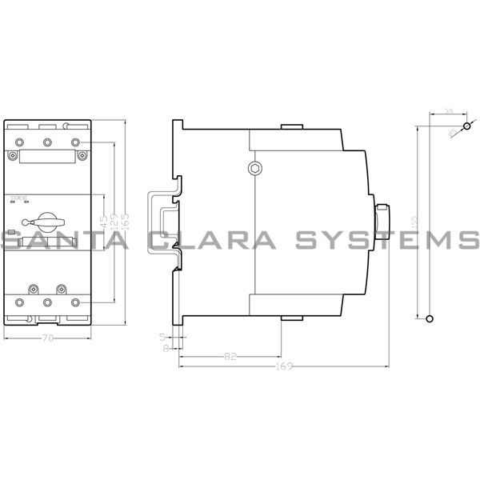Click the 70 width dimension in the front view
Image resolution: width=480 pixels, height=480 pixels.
click(48, 338)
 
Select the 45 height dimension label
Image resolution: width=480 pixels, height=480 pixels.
click(104, 220)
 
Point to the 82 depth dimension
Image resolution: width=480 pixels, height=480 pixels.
click(230, 357)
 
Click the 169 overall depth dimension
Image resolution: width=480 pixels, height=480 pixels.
click(282, 367)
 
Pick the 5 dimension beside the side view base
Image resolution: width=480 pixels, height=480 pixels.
click(162, 337)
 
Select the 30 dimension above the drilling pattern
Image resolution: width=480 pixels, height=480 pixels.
click(448, 112)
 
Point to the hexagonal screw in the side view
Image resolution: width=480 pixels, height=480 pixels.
click(254, 168)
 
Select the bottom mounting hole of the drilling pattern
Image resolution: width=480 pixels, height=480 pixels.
click(431, 319)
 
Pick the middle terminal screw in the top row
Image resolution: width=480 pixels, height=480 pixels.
click(47, 142)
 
